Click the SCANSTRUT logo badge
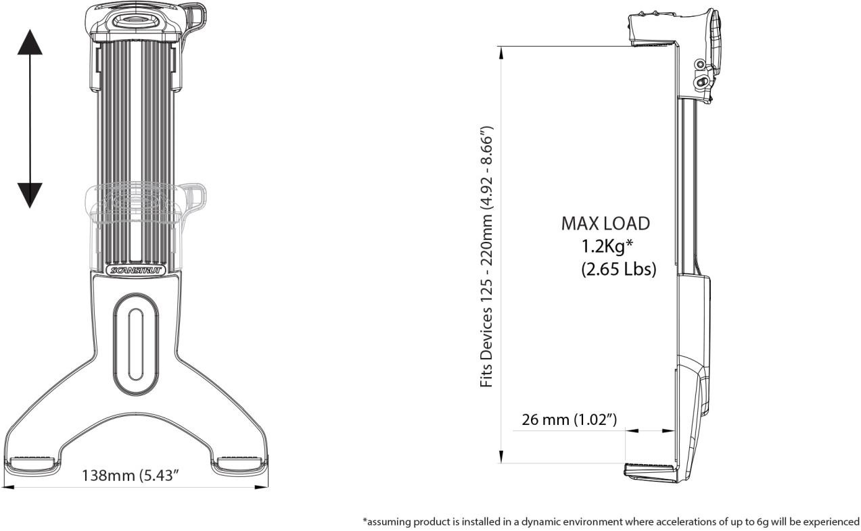tap(137, 270)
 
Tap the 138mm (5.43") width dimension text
tap(131, 476)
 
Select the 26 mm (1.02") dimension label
tap(569, 420)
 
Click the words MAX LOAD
tap(605, 224)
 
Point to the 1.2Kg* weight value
tap(607, 246)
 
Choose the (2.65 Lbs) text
tap(618, 269)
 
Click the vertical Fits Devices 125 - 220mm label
tap(486, 257)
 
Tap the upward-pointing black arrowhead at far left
tap(30, 42)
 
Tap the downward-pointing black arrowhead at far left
tap(30, 195)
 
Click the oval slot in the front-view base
tap(136, 345)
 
